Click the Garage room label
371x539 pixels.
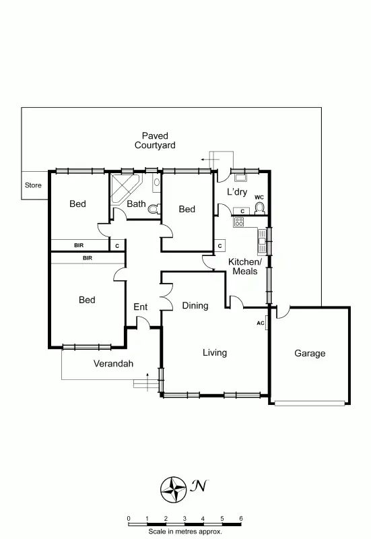tap(310, 353)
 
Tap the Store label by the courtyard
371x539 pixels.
tap(33, 185)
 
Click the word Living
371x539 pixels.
tap(215, 352)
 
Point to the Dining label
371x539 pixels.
tap(195, 306)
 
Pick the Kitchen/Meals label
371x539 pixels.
tap(244, 266)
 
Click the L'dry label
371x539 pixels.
tap(237, 192)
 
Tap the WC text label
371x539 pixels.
tap(259, 197)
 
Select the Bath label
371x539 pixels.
tap(137, 204)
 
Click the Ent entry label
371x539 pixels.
tap(140, 307)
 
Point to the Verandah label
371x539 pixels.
tap(113, 364)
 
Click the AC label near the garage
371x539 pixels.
tap(261, 323)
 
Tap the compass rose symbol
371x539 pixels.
tap(174, 488)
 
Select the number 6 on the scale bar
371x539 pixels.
tap(241, 518)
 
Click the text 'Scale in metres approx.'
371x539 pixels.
tap(184, 532)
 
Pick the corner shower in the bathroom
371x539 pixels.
tap(123, 186)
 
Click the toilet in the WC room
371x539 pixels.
tap(260, 208)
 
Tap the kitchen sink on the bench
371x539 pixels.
tap(261, 237)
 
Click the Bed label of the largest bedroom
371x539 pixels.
tap(87, 300)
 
